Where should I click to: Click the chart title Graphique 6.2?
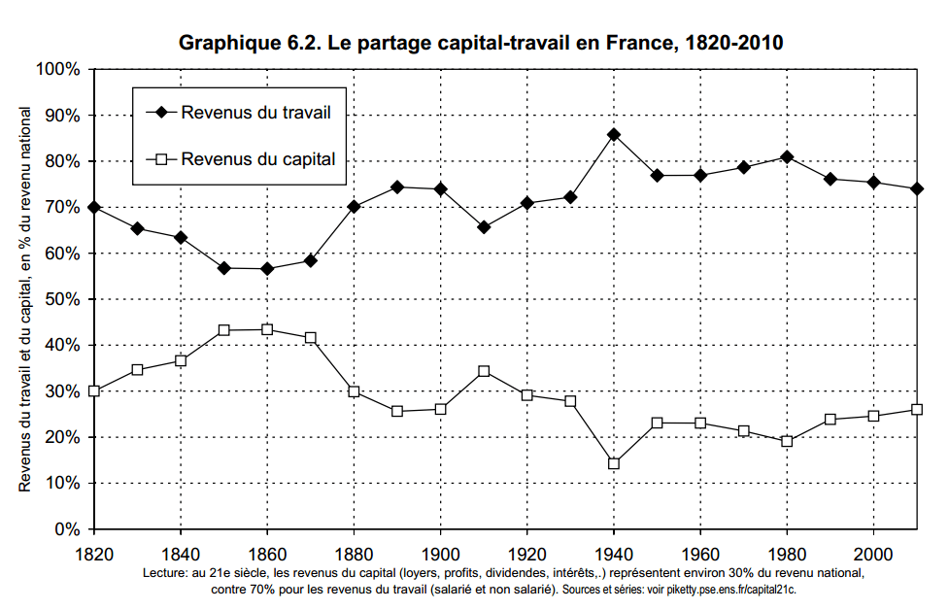(481, 43)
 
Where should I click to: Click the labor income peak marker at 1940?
(614, 135)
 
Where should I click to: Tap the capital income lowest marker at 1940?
(614, 463)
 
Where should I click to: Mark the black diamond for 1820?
(94, 207)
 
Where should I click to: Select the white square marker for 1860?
(267, 329)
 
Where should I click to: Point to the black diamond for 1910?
(484, 227)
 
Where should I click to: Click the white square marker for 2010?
(917, 409)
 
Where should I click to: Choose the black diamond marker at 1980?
(787, 157)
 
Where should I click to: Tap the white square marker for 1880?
(354, 391)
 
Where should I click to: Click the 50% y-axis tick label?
(61, 299)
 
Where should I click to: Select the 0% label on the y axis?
(66, 529)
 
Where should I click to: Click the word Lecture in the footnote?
(165, 574)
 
